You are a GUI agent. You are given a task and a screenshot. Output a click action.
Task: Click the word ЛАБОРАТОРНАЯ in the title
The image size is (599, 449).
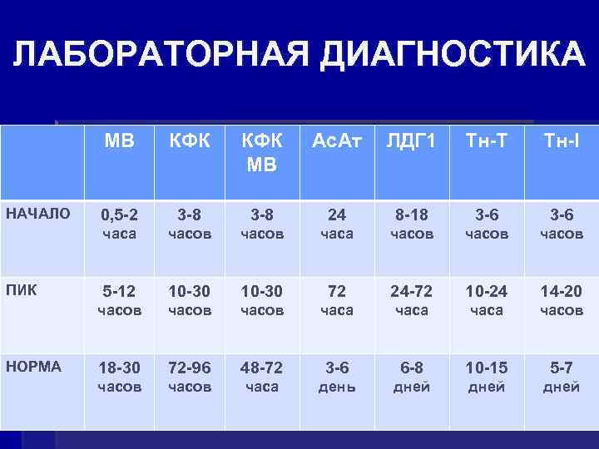click(159, 55)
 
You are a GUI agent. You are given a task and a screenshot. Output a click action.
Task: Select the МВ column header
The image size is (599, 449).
click(120, 141)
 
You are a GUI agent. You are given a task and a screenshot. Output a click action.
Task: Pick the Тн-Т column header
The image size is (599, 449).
click(486, 141)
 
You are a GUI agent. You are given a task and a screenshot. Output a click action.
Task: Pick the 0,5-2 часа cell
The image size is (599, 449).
click(120, 224)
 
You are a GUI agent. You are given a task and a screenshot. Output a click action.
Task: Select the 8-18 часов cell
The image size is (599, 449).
click(411, 224)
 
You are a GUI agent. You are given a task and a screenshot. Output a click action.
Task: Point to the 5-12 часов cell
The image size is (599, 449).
click(120, 300)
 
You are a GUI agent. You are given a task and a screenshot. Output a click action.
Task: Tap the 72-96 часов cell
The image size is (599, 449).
click(191, 377)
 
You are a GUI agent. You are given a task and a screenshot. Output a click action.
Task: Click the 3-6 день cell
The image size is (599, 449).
click(337, 377)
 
